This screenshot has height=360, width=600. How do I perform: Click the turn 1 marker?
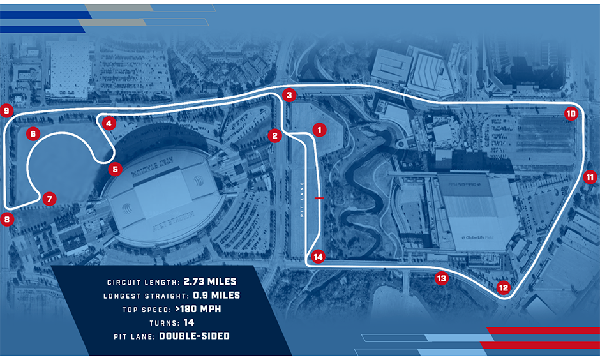319,130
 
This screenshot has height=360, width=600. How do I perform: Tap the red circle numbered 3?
289,95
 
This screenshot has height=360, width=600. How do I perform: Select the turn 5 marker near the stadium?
114,169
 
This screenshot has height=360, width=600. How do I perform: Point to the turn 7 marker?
49,199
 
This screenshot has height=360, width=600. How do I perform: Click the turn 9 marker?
7,111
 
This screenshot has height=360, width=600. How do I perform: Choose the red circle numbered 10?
571,114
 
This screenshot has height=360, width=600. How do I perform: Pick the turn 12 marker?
504,287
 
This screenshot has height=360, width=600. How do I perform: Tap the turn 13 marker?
441,278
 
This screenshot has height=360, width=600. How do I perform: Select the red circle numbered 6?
33,134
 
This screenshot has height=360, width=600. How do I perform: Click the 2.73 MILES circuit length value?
210,281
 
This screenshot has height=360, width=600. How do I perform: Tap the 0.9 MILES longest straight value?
216,295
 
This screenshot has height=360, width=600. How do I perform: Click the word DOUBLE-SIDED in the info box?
194,335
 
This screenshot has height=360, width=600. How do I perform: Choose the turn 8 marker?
7,219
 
